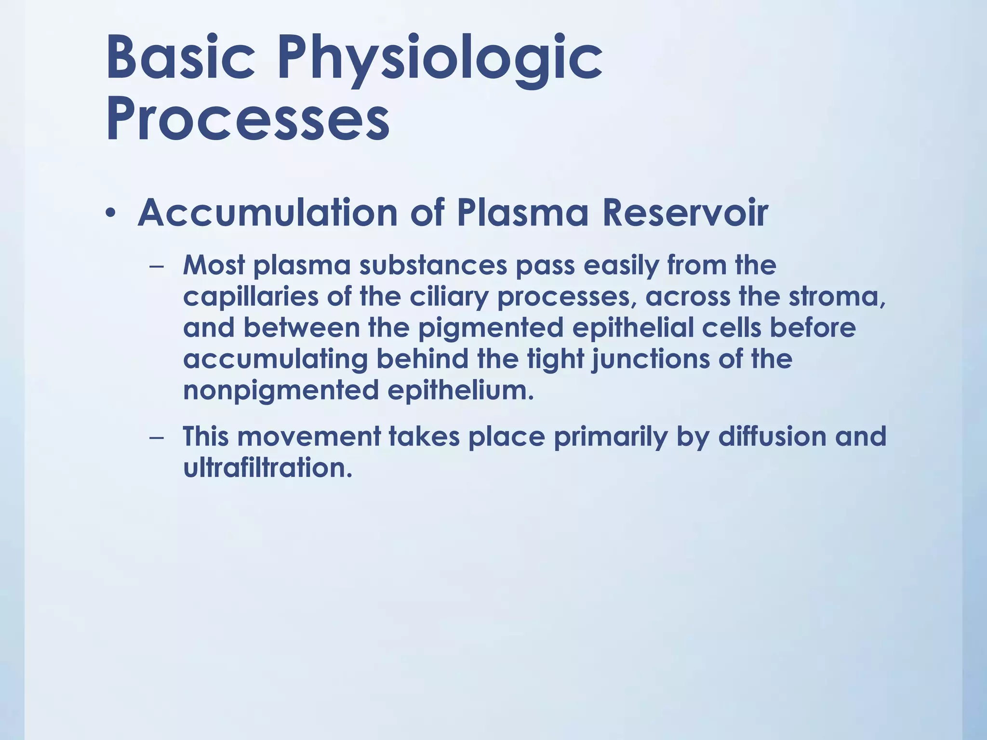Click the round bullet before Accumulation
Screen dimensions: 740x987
pyautogui.click(x=111, y=213)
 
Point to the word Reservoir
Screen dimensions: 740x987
pyautogui.click(x=685, y=213)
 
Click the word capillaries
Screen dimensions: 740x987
pyautogui.click(x=251, y=297)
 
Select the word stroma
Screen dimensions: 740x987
pyautogui.click(x=836, y=297)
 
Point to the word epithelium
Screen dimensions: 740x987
pyautogui.click(x=461, y=390)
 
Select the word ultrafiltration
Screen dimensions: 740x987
pyautogui.click(x=267, y=467)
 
